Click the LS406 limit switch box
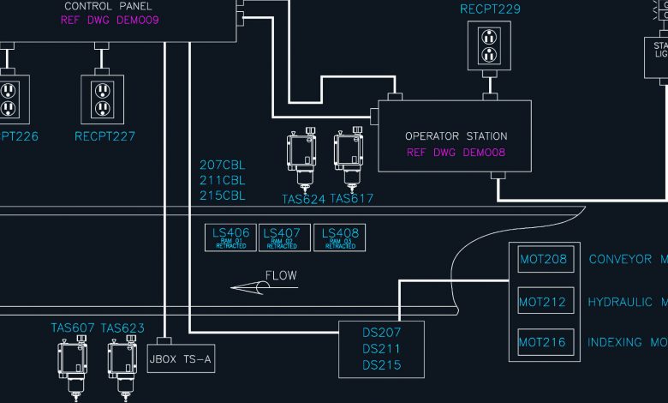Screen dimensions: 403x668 (230, 238)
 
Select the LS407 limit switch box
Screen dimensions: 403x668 (282, 238)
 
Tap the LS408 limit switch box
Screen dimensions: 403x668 (339, 238)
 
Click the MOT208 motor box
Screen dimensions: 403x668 (542, 259)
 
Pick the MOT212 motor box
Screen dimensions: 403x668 (542, 302)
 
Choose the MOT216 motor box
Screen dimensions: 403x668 (542, 343)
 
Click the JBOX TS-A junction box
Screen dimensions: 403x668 (180, 360)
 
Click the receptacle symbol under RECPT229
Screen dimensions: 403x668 (489, 46)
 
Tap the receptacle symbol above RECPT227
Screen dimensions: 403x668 (103, 98)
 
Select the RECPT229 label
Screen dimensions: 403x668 (490, 9)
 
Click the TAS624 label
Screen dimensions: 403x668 (303, 199)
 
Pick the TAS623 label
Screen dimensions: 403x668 (122, 328)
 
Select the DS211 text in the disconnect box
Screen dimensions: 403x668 (381, 349)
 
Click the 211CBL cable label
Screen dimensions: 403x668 (222, 180)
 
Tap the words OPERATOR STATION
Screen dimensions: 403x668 (456, 136)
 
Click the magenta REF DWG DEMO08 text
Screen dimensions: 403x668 (456, 153)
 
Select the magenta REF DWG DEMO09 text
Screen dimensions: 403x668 (110, 20)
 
